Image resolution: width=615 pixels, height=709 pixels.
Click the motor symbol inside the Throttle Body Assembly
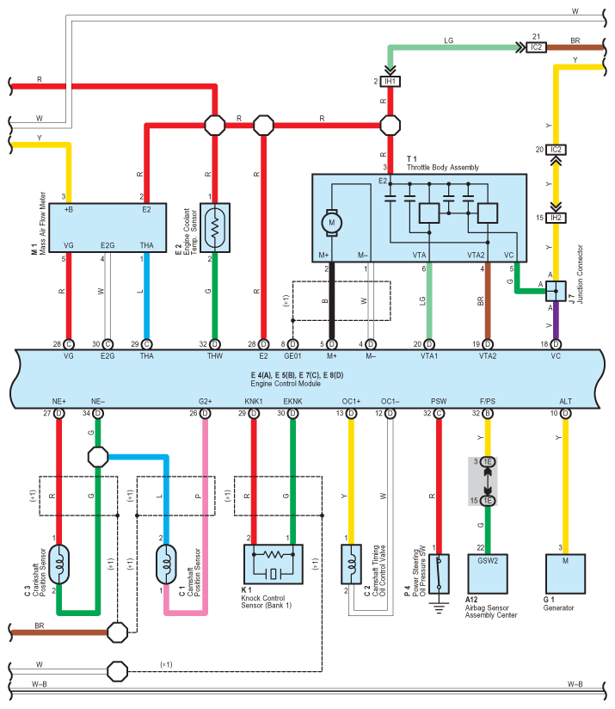tap(332, 223)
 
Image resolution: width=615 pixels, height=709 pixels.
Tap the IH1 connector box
tap(390, 82)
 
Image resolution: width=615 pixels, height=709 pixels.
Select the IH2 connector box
tap(556, 218)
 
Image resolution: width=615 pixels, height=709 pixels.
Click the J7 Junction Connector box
tap(556, 291)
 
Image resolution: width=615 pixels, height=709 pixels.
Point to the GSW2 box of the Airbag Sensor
tap(488, 574)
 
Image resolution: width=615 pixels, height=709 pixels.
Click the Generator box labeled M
tap(565, 574)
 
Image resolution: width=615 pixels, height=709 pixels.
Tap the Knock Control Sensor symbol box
tap(273, 564)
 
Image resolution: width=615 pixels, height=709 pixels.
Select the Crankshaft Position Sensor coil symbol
tap(58, 564)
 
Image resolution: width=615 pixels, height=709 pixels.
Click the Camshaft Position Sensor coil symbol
tap(166, 564)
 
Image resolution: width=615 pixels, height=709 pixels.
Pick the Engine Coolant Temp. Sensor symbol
tap(215, 227)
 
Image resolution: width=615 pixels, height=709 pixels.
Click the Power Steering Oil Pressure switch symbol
tap(439, 574)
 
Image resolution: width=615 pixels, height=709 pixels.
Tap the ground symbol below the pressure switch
tap(439, 607)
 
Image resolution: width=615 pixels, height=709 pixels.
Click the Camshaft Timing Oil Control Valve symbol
tap(351, 564)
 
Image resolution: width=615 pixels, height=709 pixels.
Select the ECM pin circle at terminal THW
tap(215, 344)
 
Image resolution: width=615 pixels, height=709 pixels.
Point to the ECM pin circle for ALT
tap(565, 413)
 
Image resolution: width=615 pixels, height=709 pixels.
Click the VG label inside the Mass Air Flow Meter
tap(68, 245)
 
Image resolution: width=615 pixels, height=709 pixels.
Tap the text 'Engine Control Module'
tap(286, 384)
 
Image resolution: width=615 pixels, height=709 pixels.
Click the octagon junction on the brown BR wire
tap(118, 632)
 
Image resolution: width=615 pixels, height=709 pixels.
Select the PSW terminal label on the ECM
tap(439, 401)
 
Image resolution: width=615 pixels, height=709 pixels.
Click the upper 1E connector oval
tap(488, 462)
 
